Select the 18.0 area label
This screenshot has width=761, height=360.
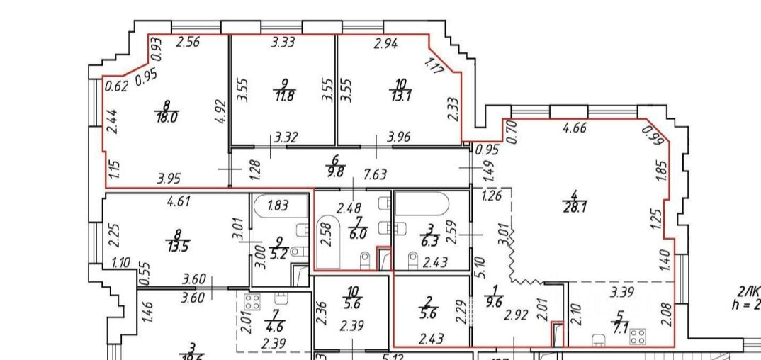point(167,116)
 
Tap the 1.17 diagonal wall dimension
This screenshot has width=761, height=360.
point(433,67)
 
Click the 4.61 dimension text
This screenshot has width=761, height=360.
point(180,202)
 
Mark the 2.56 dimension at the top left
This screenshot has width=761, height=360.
point(187,43)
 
